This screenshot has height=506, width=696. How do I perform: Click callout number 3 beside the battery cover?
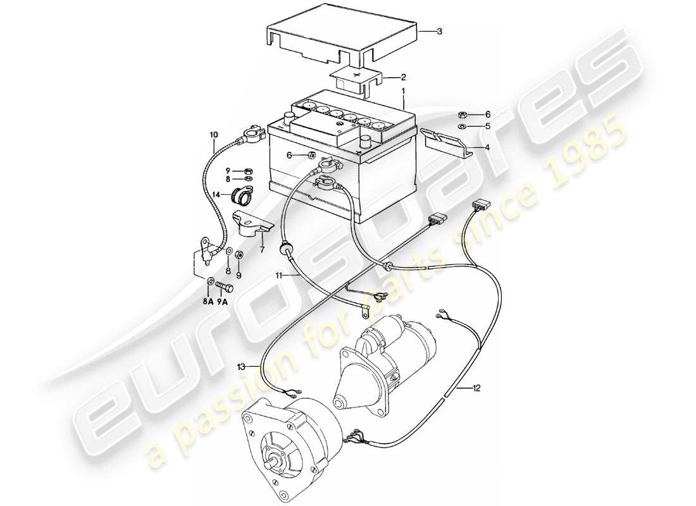click(x=439, y=31)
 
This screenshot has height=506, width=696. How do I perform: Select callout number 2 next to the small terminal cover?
click(x=402, y=78)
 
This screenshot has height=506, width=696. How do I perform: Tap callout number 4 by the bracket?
click(x=488, y=147)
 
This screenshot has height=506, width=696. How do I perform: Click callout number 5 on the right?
click(x=488, y=126)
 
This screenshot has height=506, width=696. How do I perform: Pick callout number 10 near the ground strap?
click(x=213, y=135)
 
